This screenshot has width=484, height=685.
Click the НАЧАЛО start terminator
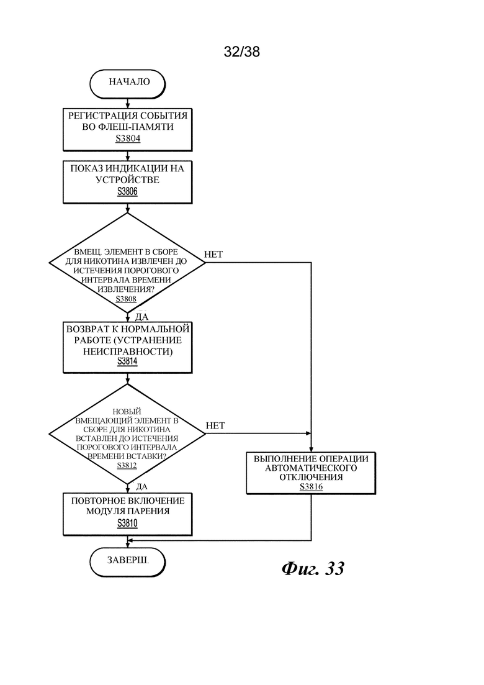pyautogui.click(x=127, y=83)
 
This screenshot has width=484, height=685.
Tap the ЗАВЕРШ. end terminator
pyautogui.click(x=127, y=562)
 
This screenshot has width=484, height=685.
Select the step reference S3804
pyautogui.click(x=127, y=138)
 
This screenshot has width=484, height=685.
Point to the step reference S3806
pyautogui.click(x=127, y=191)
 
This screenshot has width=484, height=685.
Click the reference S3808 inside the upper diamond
pyautogui.click(x=126, y=299)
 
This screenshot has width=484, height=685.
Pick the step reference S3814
pyautogui.click(x=127, y=361)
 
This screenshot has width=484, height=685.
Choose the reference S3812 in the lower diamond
pyautogui.click(x=127, y=465)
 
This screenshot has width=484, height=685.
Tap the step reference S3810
pyautogui.click(x=127, y=523)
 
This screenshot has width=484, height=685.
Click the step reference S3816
pyautogui.click(x=311, y=487)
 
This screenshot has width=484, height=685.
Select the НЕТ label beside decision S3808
pyautogui.click(x=213, y=254)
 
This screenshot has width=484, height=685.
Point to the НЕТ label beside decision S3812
pyautogui.click(x=215, y=425)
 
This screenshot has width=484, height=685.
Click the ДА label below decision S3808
pyautogui.click(x=142, y=317)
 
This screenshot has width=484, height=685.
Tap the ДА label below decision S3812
pyautogui.click(x=142, y=487)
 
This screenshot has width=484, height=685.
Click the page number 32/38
pyautogui.click(x=242, y=52)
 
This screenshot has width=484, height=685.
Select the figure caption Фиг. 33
pyautogui.click(x=313, y=568)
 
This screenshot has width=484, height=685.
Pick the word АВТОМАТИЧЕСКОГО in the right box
pyautogui.click(x=311, y=468)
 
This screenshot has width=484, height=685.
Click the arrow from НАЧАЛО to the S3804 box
pyautogui.click(x=127, y=104)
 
